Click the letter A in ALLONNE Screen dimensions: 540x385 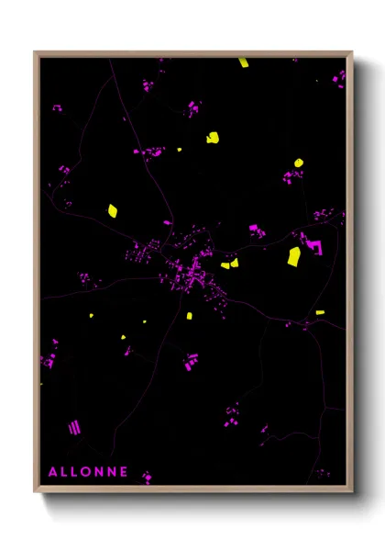tap(53, 472)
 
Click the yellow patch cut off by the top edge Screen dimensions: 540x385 tap(244, 62)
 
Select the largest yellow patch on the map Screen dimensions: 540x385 tap(294, 256)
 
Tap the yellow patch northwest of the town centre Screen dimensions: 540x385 tap(113, 210)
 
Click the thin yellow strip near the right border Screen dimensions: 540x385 tap(320, 312)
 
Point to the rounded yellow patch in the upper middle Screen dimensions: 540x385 tap(213, 138)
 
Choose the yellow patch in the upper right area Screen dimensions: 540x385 tap(299, 163)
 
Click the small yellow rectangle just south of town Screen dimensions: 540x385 tap(190, 315)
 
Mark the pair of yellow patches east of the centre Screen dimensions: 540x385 tap(230, 264)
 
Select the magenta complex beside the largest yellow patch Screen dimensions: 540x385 tap(311, 244)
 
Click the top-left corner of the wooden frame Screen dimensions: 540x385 tap(36, 53)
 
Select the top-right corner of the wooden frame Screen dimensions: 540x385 tap(352, 53)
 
